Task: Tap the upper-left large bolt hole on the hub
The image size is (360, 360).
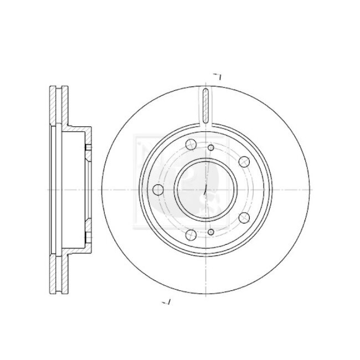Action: [190, 146]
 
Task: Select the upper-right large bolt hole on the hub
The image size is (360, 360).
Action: [244, 162]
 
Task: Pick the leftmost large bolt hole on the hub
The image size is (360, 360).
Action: [158, 190]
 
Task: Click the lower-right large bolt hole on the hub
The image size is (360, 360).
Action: [244, 217]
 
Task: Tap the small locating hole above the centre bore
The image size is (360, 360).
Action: [211, 148]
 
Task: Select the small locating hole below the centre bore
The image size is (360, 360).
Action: [211, 232]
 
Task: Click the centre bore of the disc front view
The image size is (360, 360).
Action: [205, 190]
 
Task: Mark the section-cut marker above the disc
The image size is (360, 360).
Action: [218, 76]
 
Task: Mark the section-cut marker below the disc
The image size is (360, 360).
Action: [167, 302]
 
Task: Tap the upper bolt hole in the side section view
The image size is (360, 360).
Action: [88, 148]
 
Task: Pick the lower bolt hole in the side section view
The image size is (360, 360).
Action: [88, 232]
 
